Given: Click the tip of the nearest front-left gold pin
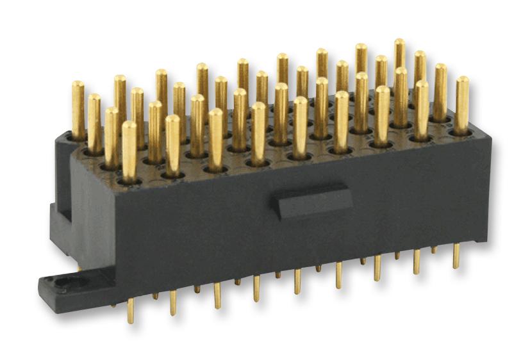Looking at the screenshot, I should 129,126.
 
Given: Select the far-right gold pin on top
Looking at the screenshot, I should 461,82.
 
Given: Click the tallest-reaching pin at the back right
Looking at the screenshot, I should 399,44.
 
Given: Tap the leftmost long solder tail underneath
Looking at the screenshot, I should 131,310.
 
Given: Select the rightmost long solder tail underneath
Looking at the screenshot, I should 456,256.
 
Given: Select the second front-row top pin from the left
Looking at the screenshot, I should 172,120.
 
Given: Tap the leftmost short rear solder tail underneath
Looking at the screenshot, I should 155,296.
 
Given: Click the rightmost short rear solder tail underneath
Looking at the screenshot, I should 434,249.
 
